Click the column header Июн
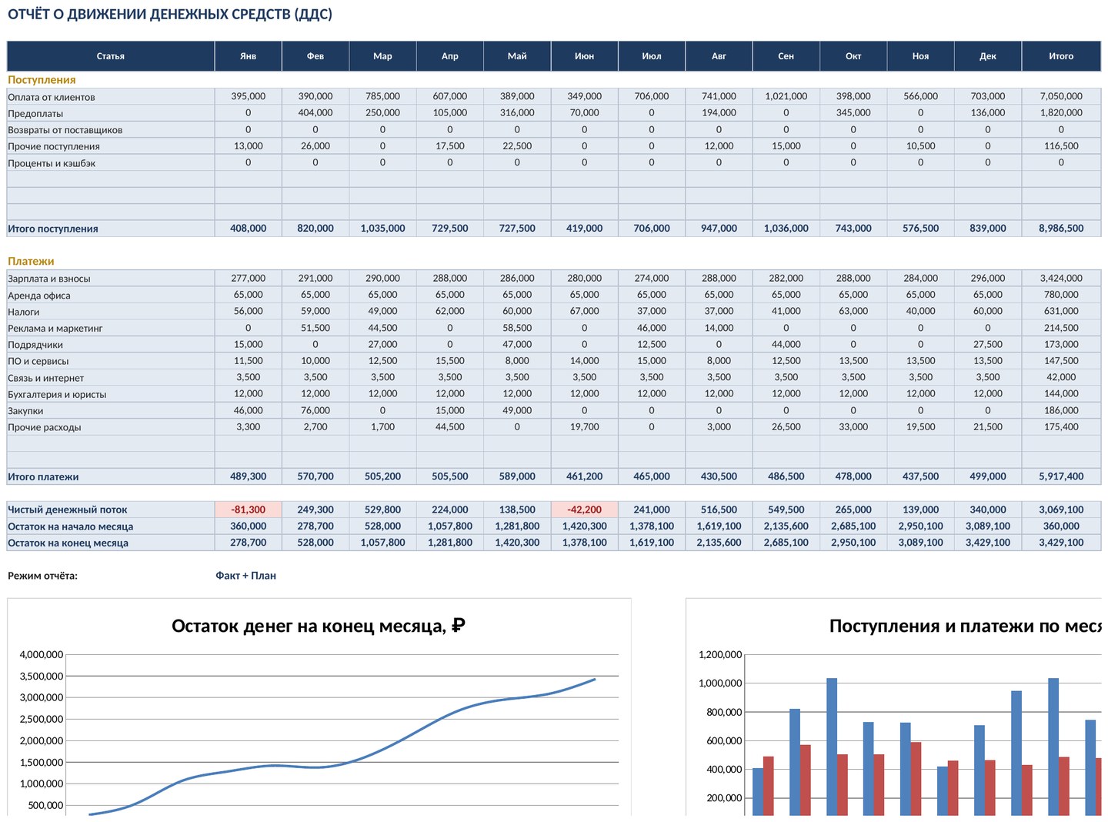[584, 56]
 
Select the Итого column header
[1060, 56]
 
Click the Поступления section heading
[42, 79]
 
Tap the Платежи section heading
[31, 261]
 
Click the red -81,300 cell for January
[248, 510]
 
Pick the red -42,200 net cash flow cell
[584, 510]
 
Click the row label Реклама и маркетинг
[55, 329]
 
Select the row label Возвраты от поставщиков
[65, 130]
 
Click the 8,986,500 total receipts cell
[1060, 229]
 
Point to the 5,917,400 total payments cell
[1060, 476]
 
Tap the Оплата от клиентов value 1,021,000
[786, 96]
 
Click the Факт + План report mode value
[245, 575]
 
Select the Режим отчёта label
[42, 575]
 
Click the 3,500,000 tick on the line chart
[42, 676]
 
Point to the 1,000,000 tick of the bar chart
[720, 683]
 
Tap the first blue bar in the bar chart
[757, 792]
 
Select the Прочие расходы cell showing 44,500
[449, 426]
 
